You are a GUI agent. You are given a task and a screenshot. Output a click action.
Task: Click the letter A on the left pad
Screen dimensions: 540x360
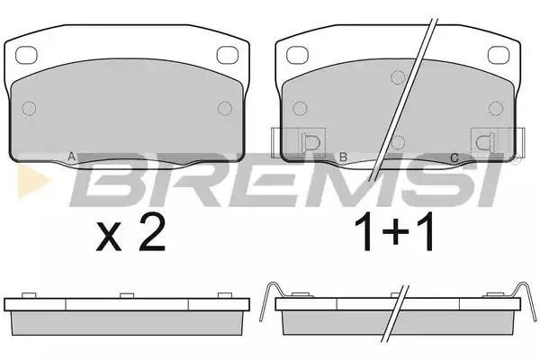[71, 157]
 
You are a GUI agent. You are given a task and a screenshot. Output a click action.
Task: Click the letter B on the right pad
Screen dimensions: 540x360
[343, 157]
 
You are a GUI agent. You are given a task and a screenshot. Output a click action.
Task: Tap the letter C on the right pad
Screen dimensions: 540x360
[454, 158]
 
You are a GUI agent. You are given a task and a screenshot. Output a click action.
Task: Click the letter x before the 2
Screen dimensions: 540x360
[109, 237]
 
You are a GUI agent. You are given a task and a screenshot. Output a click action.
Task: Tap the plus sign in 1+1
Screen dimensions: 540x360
[395, 232]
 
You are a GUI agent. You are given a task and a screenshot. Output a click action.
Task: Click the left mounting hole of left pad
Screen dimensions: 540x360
[26, 55]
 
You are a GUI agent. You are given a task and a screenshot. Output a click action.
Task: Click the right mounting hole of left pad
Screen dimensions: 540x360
[228, 55]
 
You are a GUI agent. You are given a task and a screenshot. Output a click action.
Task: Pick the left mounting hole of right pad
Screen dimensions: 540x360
[297, 55]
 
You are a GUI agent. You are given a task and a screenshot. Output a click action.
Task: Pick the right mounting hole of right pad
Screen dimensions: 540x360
[499, 55]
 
